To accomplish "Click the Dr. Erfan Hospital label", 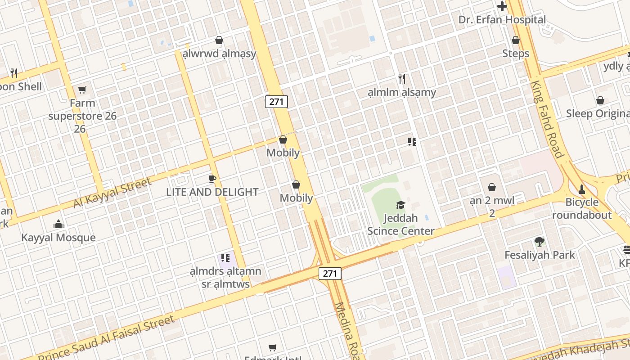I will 502,20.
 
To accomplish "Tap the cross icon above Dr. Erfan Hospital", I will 502,6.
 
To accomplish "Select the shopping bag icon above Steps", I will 516,40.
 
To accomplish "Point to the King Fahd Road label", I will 547,120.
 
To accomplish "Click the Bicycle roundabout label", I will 582,208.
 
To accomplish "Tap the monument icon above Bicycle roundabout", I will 582,189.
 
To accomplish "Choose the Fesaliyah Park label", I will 540,255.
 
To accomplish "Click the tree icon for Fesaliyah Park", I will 539,242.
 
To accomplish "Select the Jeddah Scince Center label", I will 400,225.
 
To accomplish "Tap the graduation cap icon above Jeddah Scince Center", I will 400,205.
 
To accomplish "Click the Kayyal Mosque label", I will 58,238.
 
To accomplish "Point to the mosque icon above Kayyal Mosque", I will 58,224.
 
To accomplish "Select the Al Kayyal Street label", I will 112,193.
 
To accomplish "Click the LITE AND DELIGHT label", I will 212,192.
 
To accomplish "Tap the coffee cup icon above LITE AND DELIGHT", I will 212,179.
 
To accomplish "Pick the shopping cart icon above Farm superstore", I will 82,90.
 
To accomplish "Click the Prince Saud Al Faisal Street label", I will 106,337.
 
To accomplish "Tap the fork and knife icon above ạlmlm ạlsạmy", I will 402,79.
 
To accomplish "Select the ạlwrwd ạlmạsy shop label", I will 219,54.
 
